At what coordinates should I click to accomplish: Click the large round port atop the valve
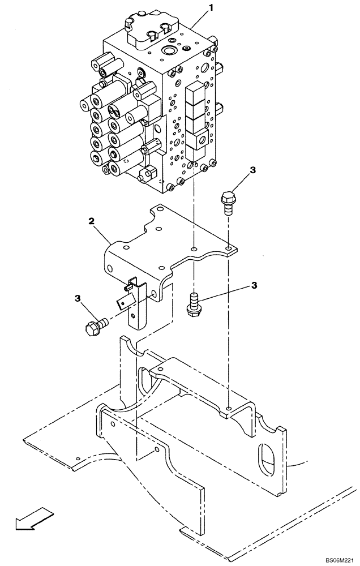(x=168, y=52)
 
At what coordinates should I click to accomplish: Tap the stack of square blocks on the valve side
(x=195, y=113)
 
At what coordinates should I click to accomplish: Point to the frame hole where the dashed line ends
(x=228, y=408)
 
